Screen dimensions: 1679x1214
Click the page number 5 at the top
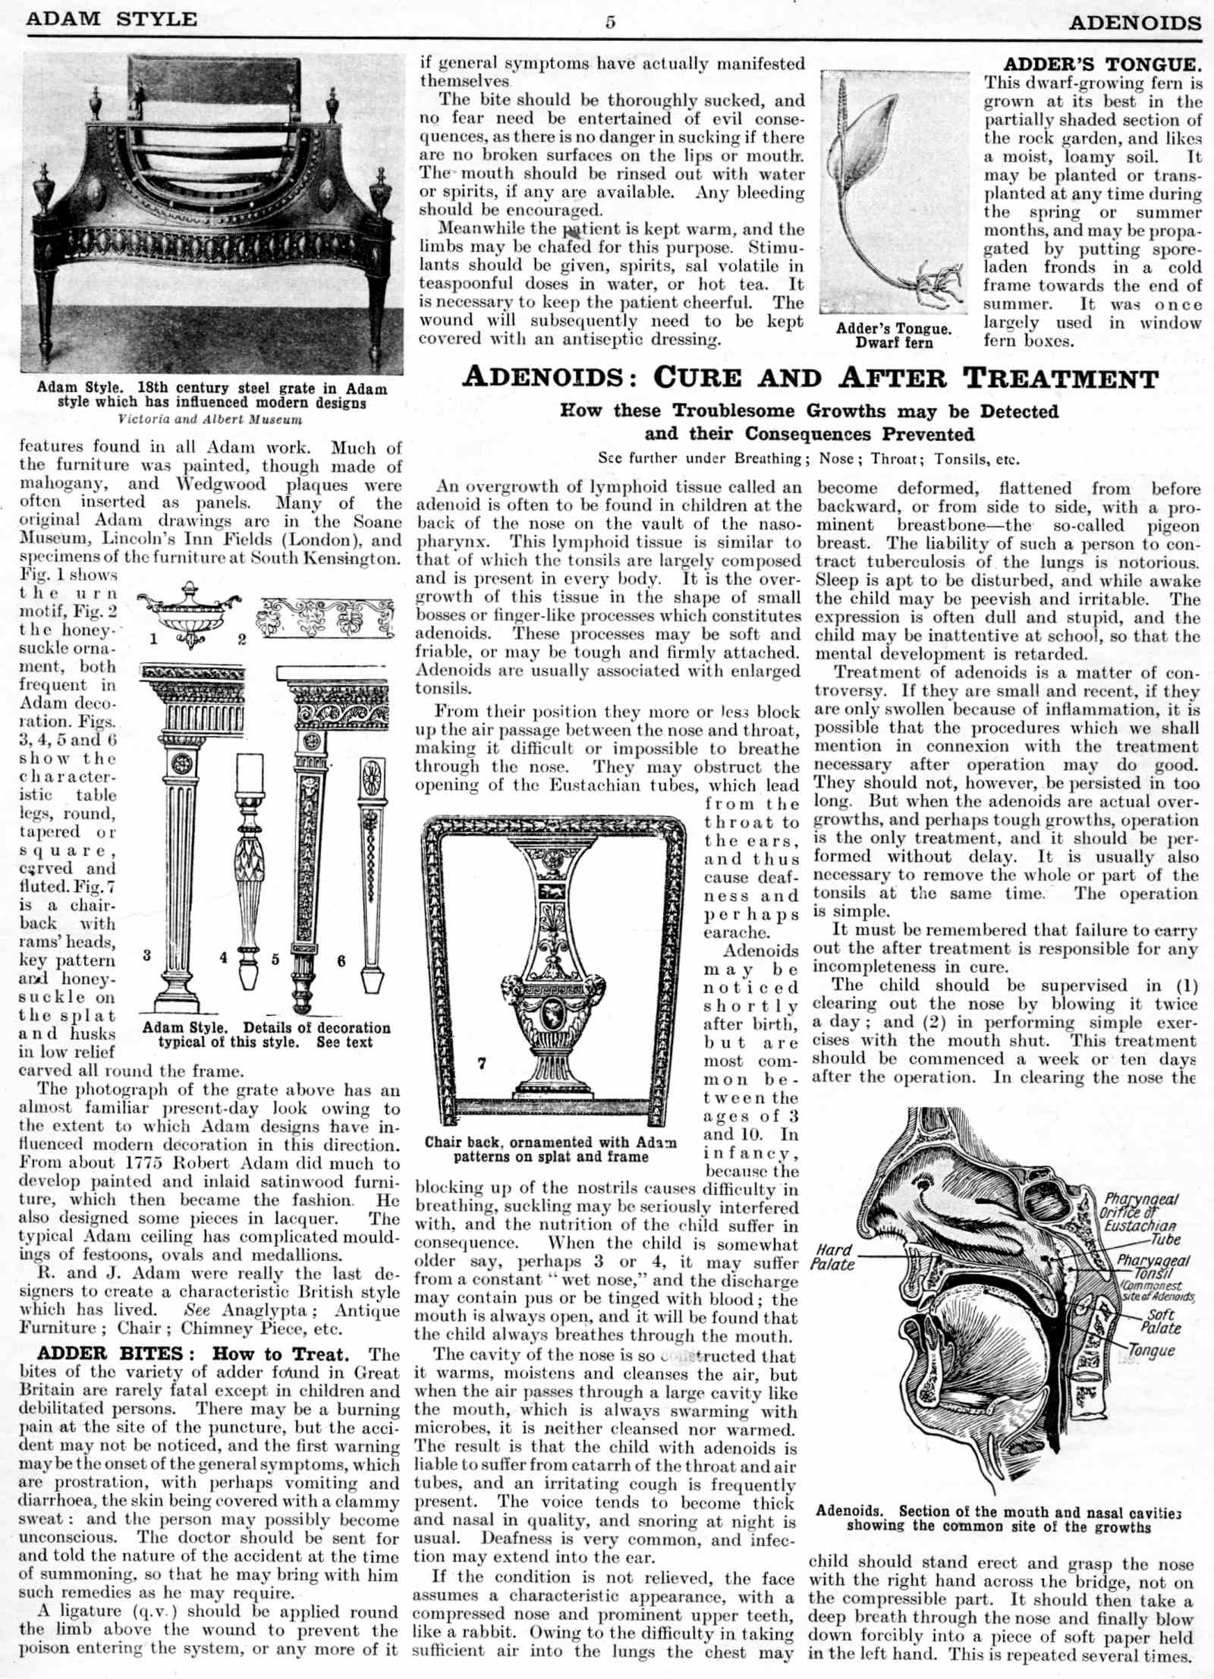click(610, 22)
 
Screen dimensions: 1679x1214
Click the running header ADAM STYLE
click(112, 19)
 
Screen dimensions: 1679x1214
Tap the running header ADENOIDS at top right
click(1135, 23)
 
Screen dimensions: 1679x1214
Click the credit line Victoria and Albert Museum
click(210, 419)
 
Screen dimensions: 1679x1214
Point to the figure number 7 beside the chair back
click(482, 1063)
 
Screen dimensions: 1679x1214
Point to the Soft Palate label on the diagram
click(1160, 1321)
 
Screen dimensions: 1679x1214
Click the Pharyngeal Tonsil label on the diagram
click(1153, 1266)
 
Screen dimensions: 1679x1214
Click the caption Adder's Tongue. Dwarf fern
click(894, 335)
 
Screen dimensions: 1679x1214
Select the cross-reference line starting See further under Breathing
click(808, 459)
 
